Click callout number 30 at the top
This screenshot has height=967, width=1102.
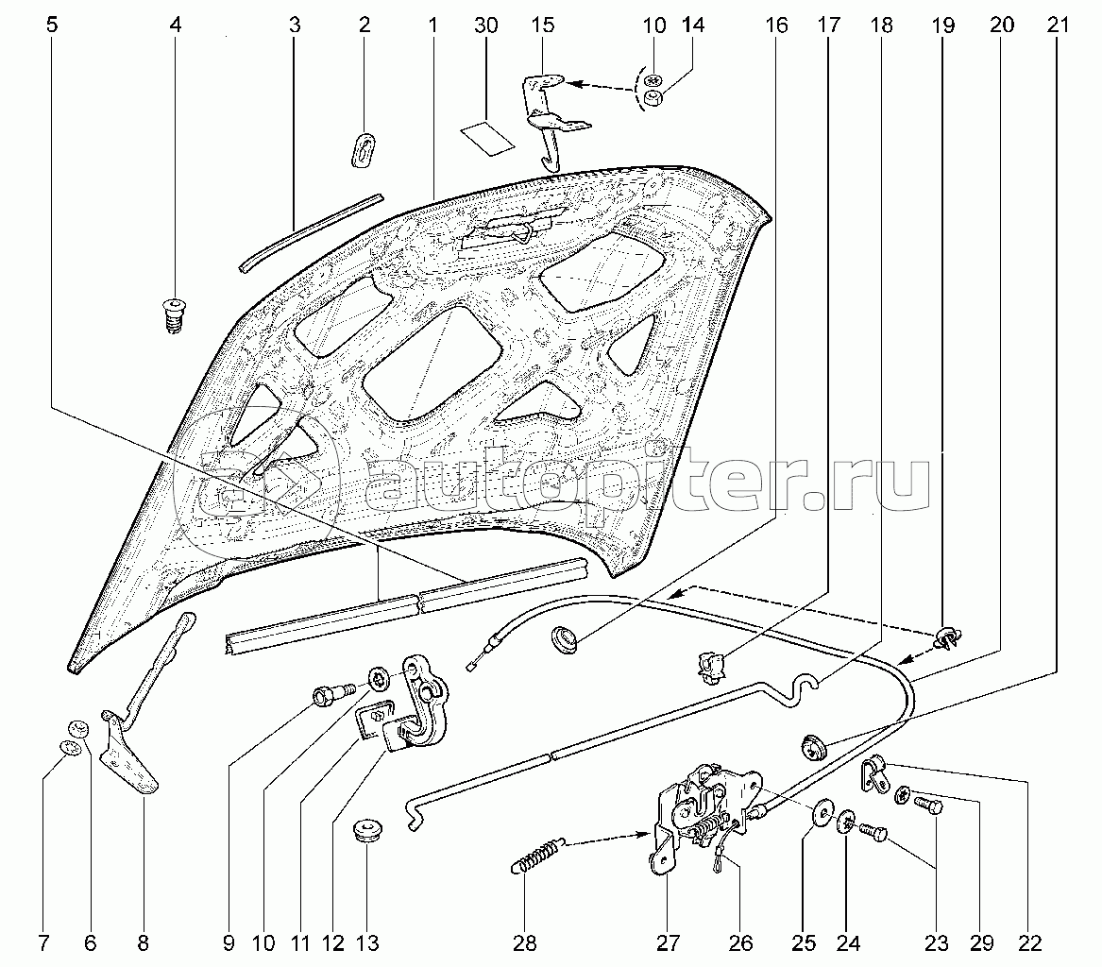tap(485, 25)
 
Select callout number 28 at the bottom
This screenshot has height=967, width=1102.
tap(524, 942)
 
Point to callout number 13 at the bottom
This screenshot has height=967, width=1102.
tap(366, 942)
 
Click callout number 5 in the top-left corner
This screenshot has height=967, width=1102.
tap(51, 25)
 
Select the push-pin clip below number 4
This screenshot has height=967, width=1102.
tap(170, 314)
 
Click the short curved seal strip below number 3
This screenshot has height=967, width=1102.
tap(310, 232)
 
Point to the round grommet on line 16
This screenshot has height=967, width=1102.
tap(565, 637)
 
